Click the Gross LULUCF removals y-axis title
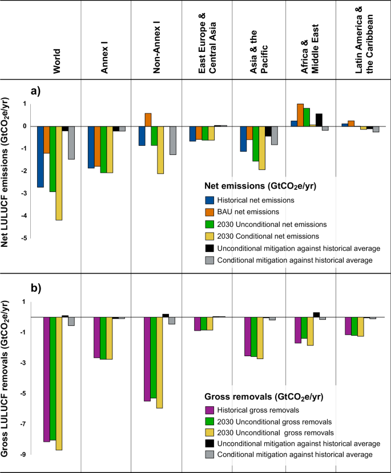click(9, 365)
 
